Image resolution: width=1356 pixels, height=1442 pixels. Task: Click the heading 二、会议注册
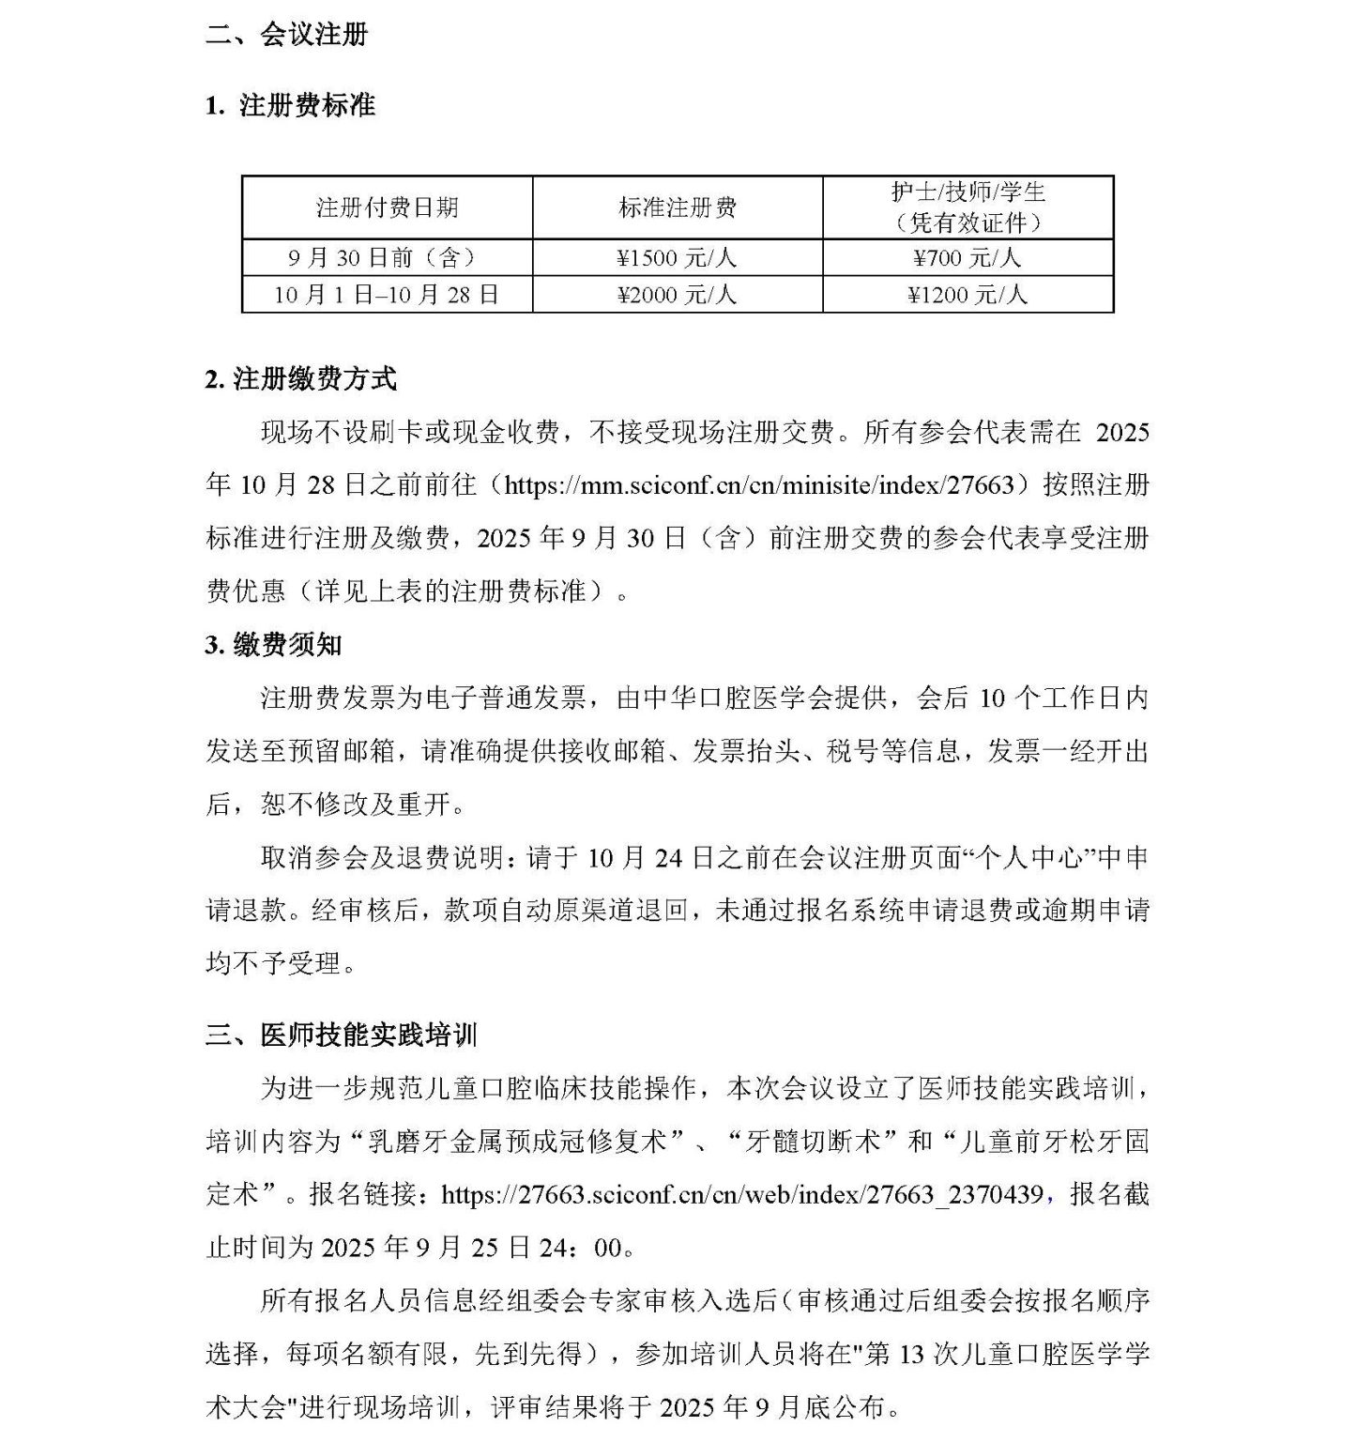[286, 35]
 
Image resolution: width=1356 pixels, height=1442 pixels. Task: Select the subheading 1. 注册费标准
[290, 105]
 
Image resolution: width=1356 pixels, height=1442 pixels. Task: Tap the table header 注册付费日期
[387, 207]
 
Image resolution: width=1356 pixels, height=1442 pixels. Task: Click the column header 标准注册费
[678, 207]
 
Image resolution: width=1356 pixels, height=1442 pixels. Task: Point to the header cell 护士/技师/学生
[967, 193]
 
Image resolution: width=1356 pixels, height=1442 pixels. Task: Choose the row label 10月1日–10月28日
[387, 294]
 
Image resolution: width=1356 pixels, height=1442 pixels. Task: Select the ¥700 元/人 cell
[967, 257]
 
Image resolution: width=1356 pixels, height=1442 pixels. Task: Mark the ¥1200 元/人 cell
[967, 294]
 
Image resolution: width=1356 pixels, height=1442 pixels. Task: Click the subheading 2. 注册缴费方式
[301, 379]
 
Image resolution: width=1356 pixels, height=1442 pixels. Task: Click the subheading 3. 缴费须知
[274, 645]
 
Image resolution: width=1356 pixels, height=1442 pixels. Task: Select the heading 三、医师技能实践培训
[342, 1035]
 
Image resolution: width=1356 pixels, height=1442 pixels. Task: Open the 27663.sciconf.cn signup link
[741, 1194]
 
